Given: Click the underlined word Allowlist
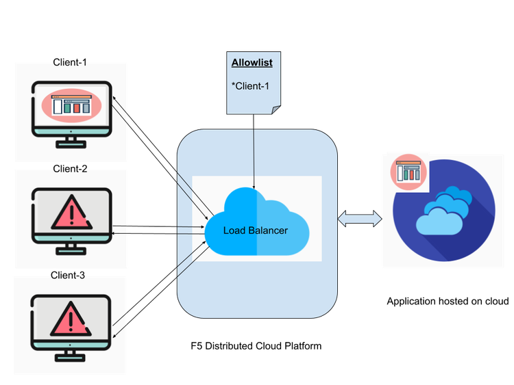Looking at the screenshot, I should [252, 63].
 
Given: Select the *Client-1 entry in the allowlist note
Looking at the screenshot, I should [251, 85].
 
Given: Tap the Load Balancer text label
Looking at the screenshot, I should [255, 230].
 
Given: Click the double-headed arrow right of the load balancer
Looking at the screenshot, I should [360, 219].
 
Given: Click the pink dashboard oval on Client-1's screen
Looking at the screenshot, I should [71, 105].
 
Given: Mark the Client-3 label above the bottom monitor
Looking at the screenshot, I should [71, 276].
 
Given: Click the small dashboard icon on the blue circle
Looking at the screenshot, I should [409, 172].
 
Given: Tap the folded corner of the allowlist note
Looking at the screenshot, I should [276, 110].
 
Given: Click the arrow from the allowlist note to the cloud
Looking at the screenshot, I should [254, 150].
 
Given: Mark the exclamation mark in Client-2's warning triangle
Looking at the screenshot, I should [71, 213].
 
